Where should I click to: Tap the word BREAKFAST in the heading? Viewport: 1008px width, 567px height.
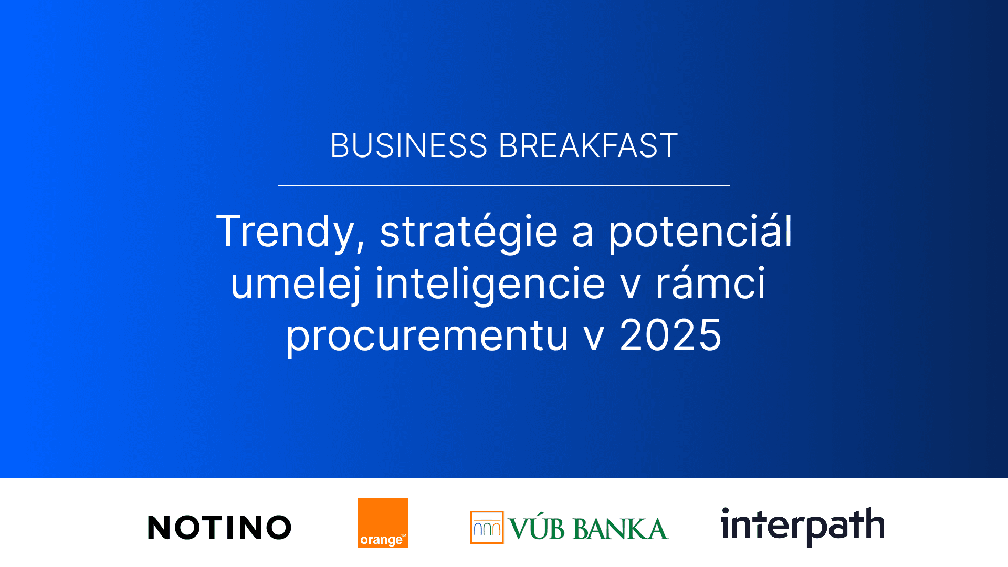coord(588,145)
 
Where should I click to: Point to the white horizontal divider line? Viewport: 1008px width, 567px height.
coord(504,185)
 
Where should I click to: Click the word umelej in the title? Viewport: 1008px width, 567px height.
coord(296,283)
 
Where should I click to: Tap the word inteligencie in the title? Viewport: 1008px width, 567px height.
coord(490,283)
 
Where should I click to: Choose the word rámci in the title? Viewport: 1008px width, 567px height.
coord(710,283)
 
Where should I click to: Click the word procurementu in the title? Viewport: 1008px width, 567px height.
coord(427,336)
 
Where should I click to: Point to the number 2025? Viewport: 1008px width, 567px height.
coord(670,335)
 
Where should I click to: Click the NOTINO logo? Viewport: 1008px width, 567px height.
coord(219,528)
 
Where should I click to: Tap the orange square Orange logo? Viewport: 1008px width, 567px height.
coord(383,523)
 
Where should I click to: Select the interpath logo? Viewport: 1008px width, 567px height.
coord(803,527)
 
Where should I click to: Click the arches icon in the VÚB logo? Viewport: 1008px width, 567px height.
coord(487,527)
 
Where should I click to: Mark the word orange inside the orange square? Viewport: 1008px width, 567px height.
coord(381,540)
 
